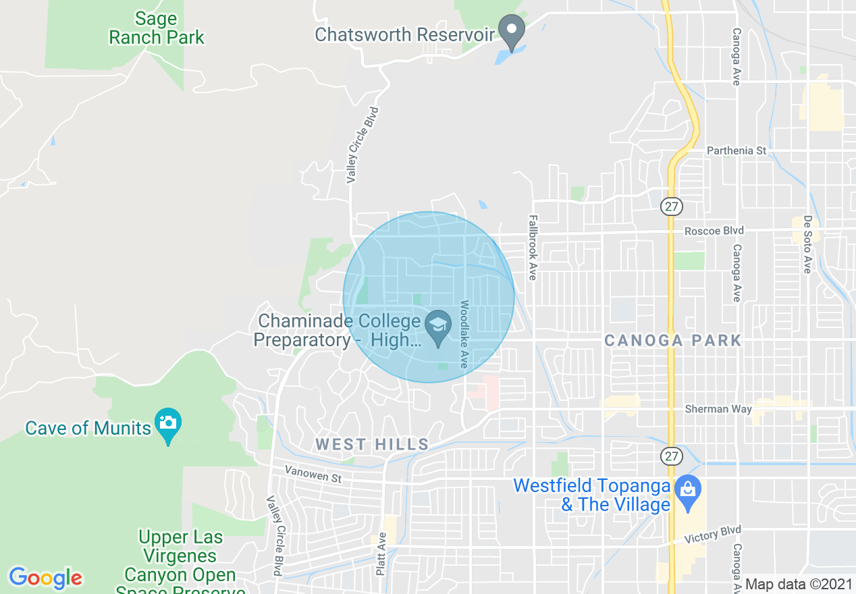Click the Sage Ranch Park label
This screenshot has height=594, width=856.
(157, 28)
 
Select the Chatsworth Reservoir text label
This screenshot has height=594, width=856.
(405, 34)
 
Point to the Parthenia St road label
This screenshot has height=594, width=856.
(737, 151)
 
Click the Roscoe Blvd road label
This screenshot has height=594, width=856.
(714, 231)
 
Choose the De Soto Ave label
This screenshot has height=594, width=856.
(807, 244)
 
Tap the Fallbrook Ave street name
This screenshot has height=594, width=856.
(533, 248)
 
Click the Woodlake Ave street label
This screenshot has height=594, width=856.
(464, 333)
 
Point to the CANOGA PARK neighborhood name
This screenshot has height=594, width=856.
(672, 340)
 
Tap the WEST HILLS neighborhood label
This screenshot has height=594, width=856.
(372, 444)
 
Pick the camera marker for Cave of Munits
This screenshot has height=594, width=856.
(168, 424)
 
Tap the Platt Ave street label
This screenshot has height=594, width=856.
(381, 553)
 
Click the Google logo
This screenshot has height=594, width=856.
(45, 578)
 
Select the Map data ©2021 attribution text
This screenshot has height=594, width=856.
(798, 584)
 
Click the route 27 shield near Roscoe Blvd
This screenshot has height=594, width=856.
(672, 207)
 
